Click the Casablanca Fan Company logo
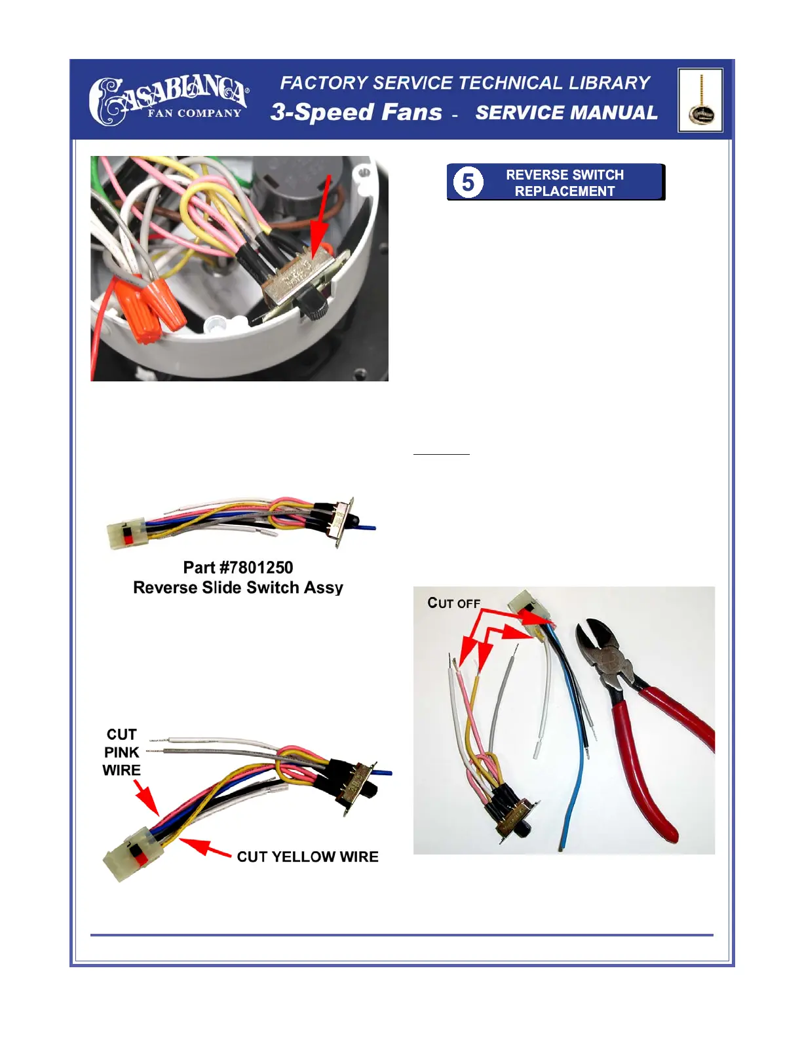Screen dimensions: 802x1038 [168, 100]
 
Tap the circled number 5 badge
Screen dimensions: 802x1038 [468, 182]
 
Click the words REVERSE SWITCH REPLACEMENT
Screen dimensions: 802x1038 [564, 183]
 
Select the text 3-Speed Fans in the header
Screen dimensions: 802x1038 [356, 112]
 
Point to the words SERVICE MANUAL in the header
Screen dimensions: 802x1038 [566, 113]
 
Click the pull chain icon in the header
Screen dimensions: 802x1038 [700, 100]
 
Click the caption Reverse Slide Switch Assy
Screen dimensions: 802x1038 [238, 588]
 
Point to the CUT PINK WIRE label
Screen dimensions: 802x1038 [122, 752]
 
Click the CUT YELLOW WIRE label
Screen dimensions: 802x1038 [307, 857]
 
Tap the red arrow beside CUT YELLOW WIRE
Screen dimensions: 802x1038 [205, 848]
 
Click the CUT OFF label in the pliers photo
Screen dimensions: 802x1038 [453, 603]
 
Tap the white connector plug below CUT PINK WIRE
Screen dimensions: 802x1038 [134, 853]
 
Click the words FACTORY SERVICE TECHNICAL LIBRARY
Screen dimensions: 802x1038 [465, 83]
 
